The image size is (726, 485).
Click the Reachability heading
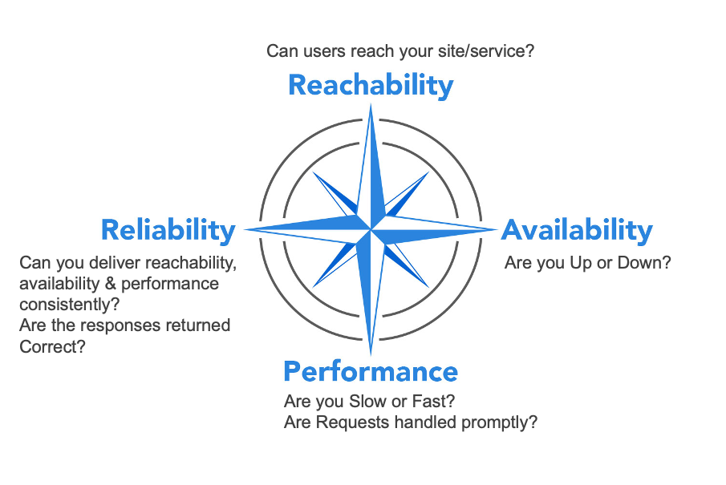371,86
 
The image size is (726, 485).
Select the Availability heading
577,230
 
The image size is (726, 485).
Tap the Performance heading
371,372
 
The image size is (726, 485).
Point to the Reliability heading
168,230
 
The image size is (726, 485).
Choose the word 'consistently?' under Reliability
70,305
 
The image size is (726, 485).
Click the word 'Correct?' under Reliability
52,346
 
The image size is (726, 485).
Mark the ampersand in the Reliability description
110,284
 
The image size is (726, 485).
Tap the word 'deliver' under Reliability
117,263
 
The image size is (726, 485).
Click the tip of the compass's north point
371,103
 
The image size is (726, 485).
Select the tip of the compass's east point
497,229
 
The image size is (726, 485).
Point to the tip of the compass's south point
371,355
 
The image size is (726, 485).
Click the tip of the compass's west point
244,229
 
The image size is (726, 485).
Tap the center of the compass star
371,229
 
